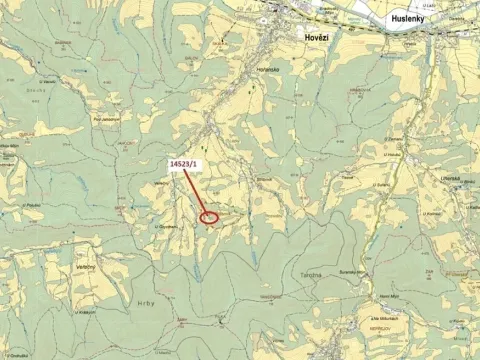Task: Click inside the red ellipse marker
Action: [x=210, y=217]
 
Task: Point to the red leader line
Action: [x=198, y=193]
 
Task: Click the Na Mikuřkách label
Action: [x=382, y=319]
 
